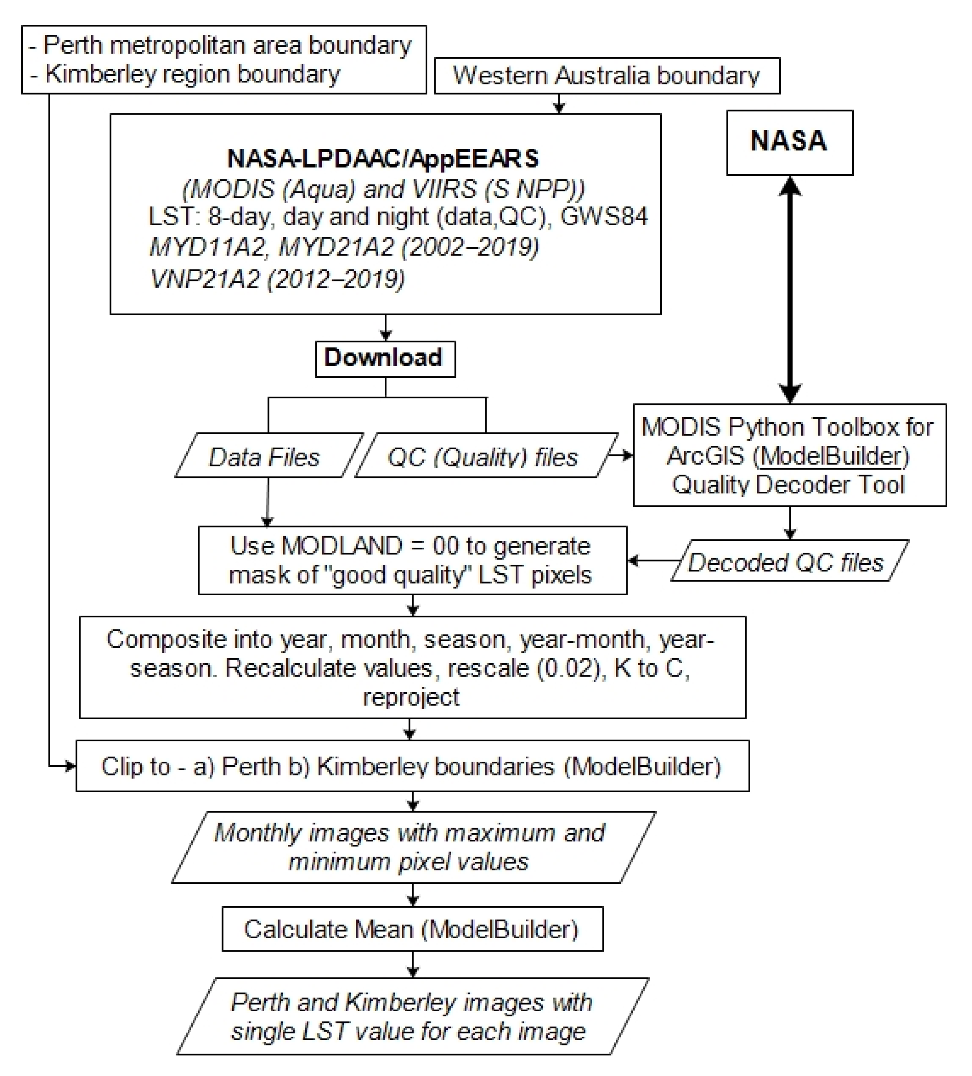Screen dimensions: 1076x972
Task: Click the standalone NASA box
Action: click(789, 142)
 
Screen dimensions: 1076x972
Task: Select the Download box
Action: click(385, 359)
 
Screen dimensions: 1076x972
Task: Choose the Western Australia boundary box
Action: click(607, 76)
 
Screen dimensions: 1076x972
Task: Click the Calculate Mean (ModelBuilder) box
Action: click(412, 929)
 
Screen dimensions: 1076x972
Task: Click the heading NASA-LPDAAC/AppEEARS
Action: click(383, 159)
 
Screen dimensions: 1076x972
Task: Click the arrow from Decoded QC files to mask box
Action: click(653, 560)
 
